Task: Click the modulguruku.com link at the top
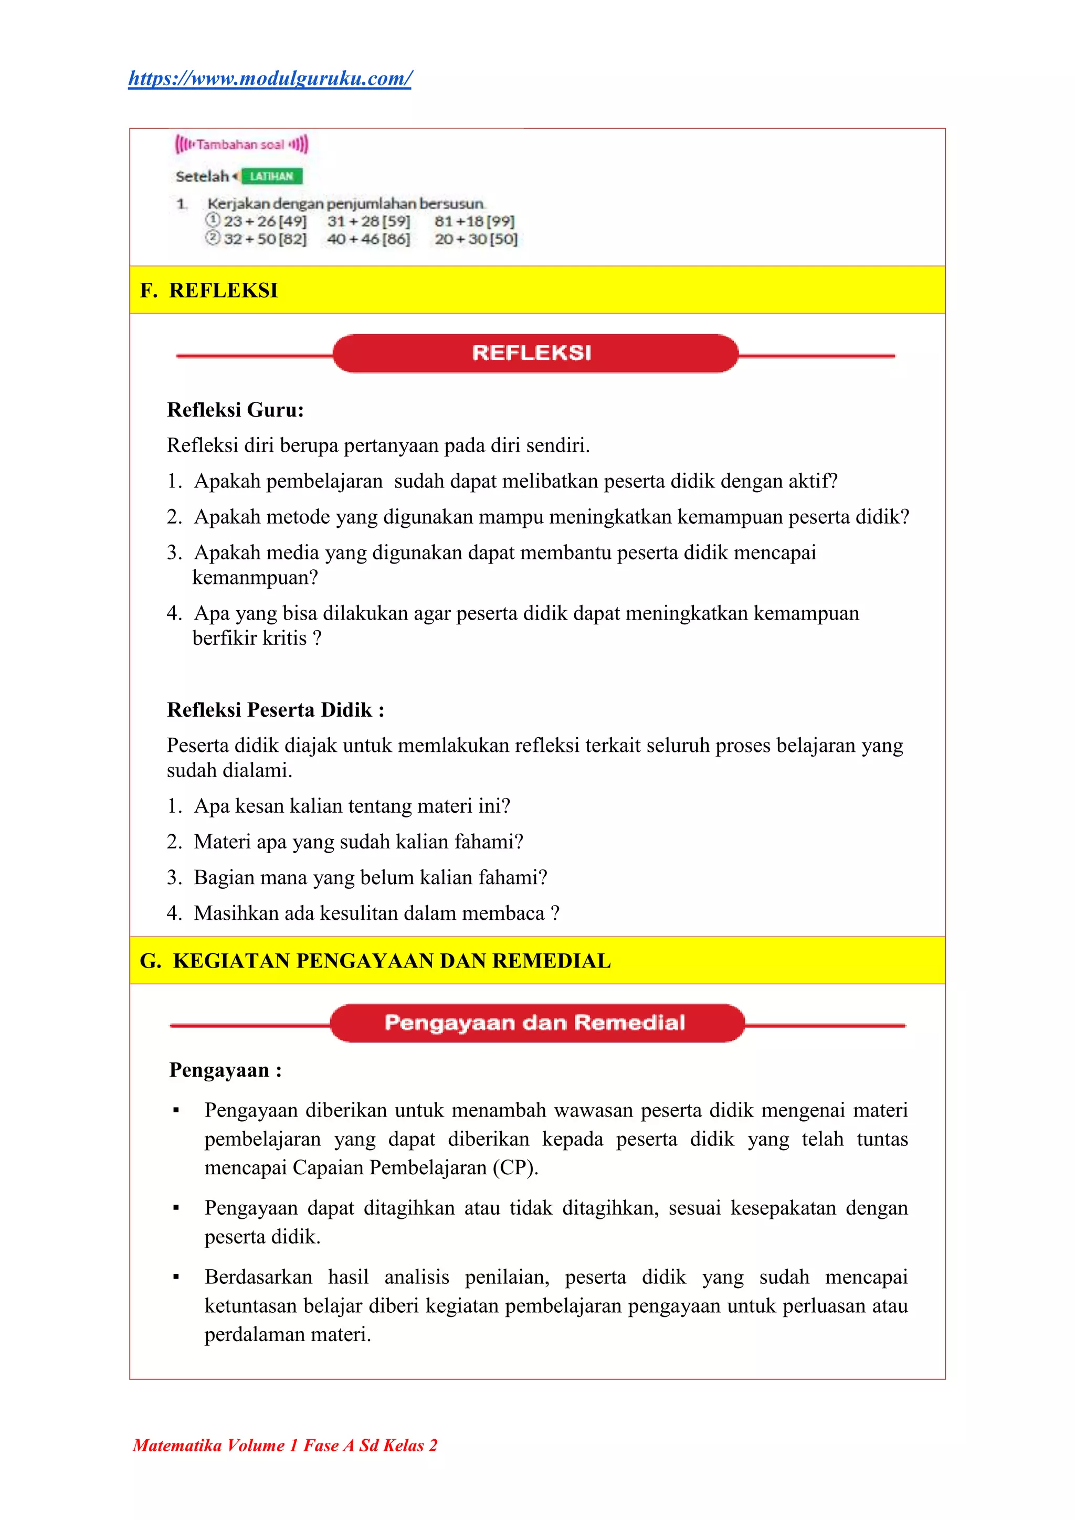pos(270,79)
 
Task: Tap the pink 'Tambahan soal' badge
pos(241,144)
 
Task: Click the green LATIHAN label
pos(271,176)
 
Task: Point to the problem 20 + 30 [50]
pos(476,239)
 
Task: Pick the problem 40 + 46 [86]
pos(368,239)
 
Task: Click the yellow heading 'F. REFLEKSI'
pos(209,290)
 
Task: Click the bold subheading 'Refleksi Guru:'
pos(235,410)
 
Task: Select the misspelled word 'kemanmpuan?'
pos(255,577)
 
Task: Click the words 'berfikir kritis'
pos(249,638)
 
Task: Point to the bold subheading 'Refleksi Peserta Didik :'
pos(276,710)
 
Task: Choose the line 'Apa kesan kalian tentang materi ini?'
pos(352,806)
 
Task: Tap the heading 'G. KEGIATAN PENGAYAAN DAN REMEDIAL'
pos(375,961)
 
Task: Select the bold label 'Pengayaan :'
pos(225,1070)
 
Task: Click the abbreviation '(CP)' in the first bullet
pos(514,1167)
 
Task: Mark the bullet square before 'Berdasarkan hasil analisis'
pos(176,1277)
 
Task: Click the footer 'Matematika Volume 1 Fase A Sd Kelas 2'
pos(285,1445)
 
